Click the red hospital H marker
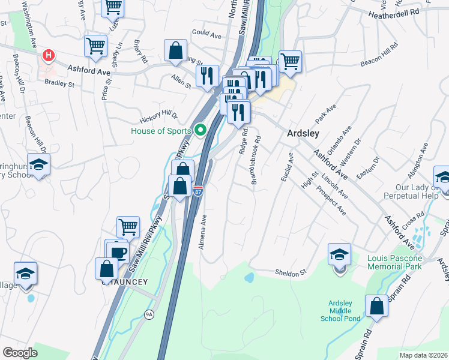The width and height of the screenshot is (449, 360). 48,56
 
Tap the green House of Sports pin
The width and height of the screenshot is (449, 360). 201,130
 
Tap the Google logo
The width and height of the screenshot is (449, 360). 20,352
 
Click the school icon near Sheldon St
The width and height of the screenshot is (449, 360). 339,254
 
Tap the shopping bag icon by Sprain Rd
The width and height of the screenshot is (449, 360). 376,306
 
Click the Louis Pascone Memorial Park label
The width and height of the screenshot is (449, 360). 394,262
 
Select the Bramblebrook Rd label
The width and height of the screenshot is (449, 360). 258,160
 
